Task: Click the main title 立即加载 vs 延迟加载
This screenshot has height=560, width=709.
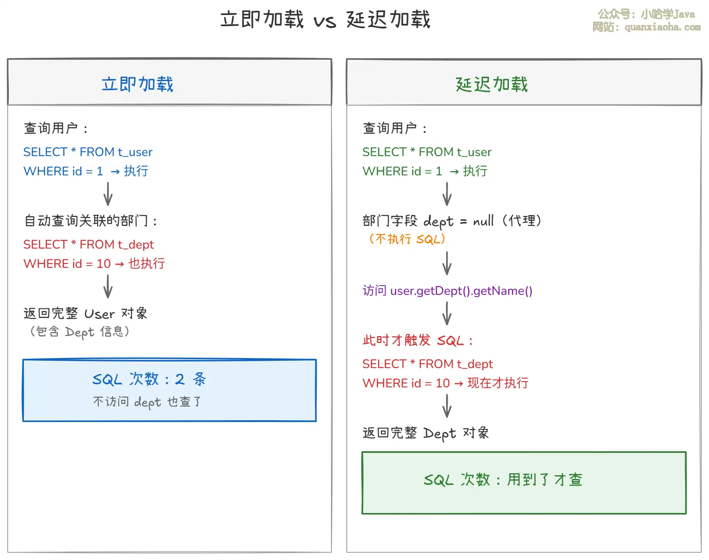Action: (x=325, y=19)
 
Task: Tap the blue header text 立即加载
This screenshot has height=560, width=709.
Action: (x=138, y=84)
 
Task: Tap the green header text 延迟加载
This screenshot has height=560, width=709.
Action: (x=492, y=84)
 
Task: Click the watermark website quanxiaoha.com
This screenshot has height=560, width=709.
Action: (x=647, y=27)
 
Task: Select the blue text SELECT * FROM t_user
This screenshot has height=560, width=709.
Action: (x=88, y=152)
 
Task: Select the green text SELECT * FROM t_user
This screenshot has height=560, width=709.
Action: (x=427, y=152)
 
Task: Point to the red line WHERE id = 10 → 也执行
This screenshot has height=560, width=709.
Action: (x=94, y=264)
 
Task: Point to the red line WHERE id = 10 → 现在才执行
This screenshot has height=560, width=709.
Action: (x=445, y=383)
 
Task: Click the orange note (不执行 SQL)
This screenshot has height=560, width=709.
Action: (x=407, y=239)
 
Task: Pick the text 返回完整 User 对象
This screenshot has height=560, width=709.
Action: (x=86, y=313)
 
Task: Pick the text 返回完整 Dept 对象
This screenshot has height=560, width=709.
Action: (x=426, y=433)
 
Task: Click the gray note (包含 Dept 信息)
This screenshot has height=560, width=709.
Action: (x=79, y=331)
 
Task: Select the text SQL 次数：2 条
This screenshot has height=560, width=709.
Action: (x=149, y=379)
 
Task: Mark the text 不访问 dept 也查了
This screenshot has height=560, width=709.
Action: (x=147, y=402)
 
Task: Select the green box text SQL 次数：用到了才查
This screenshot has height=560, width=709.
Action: (x=503, y=480)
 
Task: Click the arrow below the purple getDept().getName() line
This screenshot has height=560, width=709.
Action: (x=447, y=313)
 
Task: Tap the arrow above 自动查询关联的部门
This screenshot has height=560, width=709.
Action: (x=108, y=194)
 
